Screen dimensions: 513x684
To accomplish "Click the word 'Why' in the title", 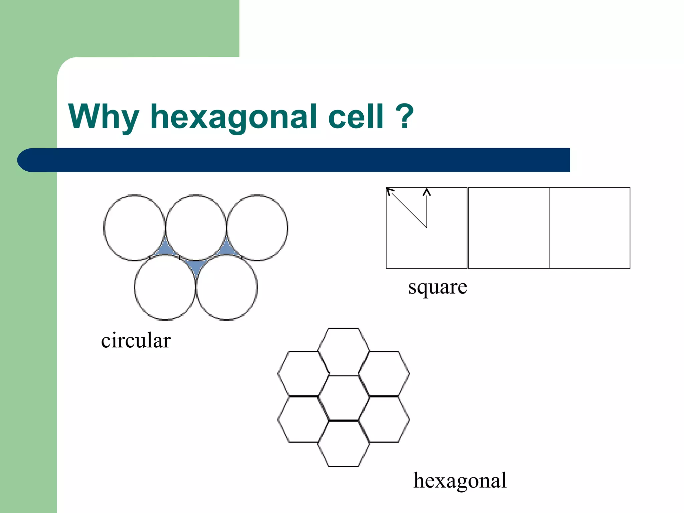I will click(x=104, y=117).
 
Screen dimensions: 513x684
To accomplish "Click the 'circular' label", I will click(x=136, y=341).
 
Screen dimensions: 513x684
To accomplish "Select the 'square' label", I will click(x=438, y=287).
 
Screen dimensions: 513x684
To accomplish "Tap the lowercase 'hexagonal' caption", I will click(x=460, y=481).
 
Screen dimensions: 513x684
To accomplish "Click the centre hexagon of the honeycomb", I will click(x=344, y=398).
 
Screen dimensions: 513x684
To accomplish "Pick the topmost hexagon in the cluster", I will click(x=344, y=351).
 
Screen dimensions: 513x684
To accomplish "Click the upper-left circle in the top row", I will click(x=134, y=227).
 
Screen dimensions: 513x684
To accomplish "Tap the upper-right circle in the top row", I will click(x=257, y=227).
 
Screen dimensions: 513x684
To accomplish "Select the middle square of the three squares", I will click(x=508, y=228).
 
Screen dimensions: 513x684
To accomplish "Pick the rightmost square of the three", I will click(x=589, y=228).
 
